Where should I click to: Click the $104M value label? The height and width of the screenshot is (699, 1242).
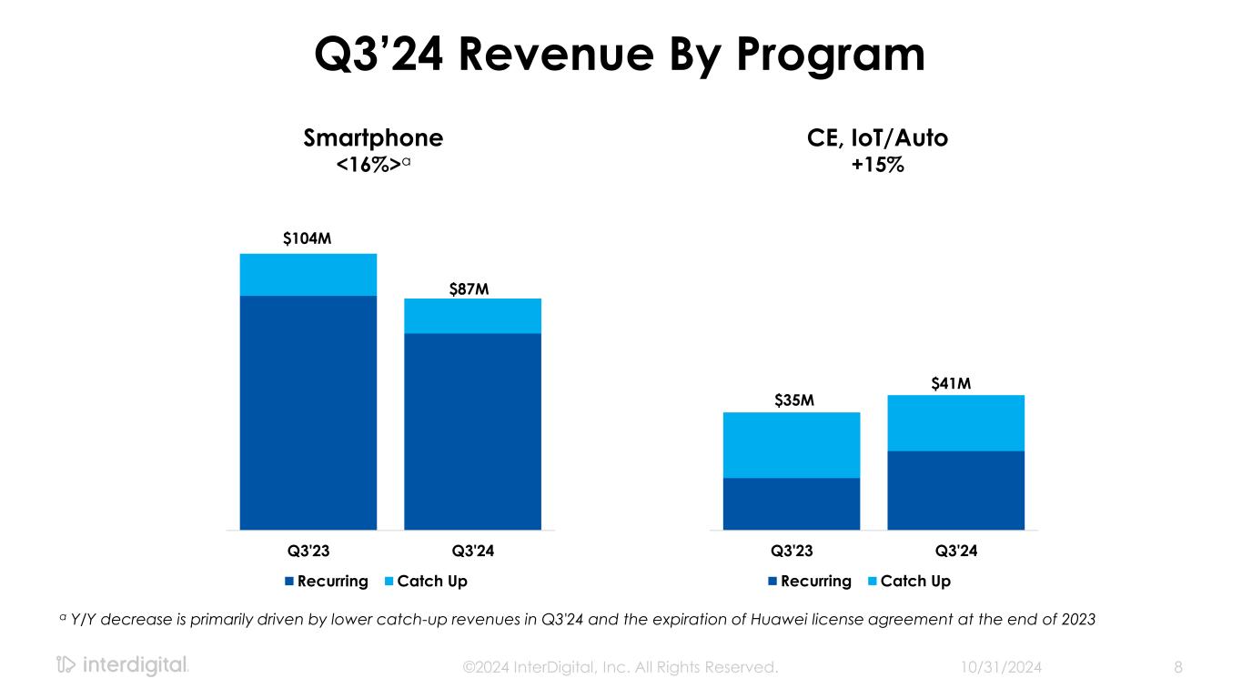pyautogui.click(x=308, y=238)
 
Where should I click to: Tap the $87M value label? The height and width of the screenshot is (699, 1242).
pyautogui.click(x=470, y=289)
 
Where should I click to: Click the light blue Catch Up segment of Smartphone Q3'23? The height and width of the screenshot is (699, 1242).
pyautogui.click(x=308, y=275)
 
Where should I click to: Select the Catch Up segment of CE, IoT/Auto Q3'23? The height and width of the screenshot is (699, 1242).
pyautogui.click(x=791, y=445)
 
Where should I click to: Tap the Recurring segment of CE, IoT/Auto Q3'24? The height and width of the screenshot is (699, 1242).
pyautogui.click(x=955, y=490)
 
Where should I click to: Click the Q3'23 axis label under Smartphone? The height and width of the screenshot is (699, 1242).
pyautogui.click(x=308, y=551)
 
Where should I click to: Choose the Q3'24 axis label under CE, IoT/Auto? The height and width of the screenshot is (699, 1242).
pyautogui.click(x=956, y=551)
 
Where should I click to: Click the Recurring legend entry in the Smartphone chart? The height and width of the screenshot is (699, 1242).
pyautogui.click(x=327, y=581)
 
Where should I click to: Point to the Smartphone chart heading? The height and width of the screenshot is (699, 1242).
pyautogui.click(x=373, y=138)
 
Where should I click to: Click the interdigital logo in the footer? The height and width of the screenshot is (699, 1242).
pyautogui.click(x=122, y=666)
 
